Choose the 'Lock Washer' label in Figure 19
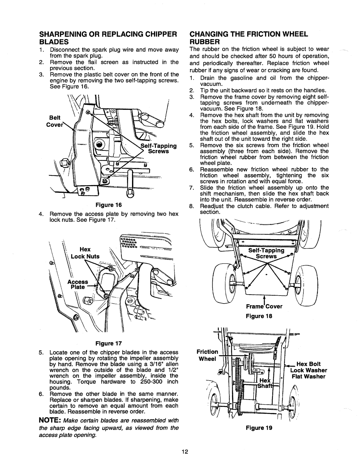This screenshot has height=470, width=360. click(309, 371)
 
